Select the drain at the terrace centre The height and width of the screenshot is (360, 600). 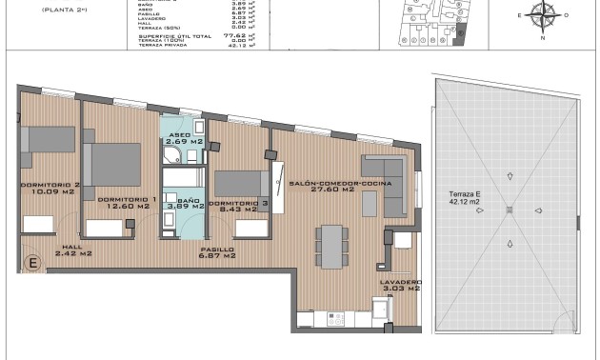(x=510, y=210)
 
